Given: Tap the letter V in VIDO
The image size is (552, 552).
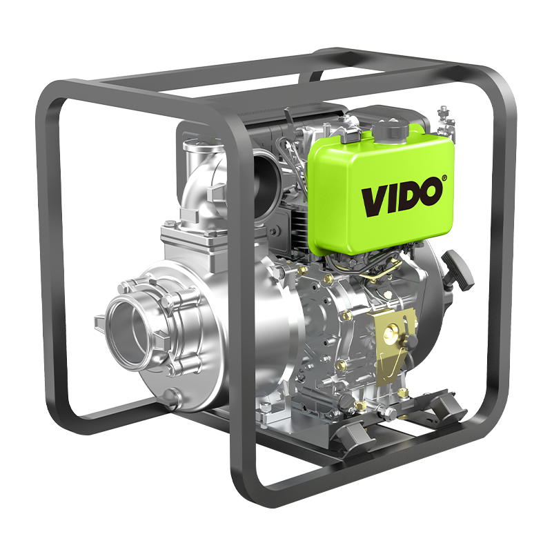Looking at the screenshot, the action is click(x=373, y=201).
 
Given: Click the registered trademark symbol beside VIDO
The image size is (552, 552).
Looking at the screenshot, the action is click(x=444, y=178).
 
